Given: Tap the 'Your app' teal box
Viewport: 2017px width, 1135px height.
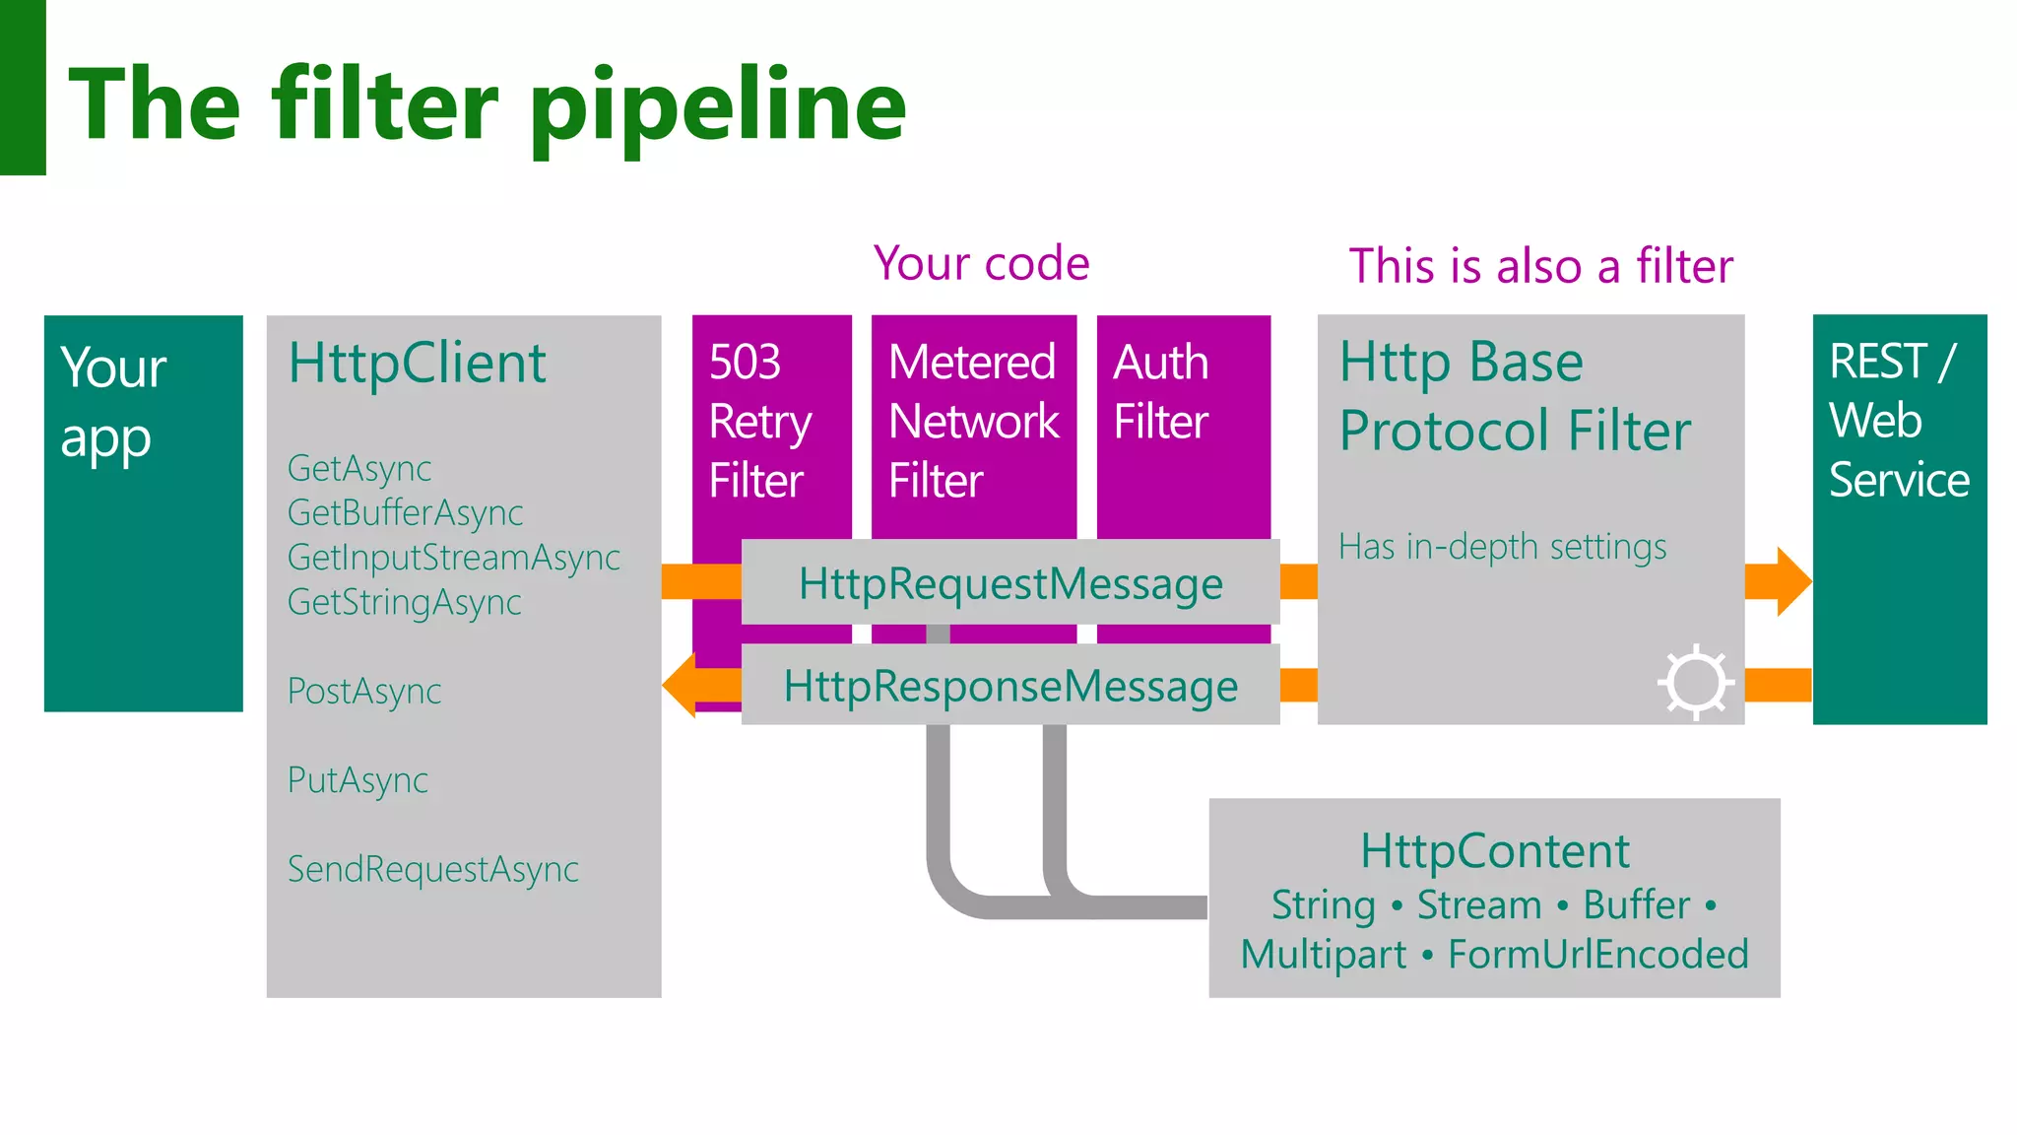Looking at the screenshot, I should [143, 512].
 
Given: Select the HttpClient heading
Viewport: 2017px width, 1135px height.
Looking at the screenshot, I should [417, 363].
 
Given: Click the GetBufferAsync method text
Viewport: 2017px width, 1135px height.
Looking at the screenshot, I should [405, 512].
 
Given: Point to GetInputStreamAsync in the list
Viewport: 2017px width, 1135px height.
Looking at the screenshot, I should [453, 558].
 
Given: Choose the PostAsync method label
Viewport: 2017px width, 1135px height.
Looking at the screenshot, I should [363, 692].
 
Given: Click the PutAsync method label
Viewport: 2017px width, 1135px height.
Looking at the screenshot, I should [358, 780].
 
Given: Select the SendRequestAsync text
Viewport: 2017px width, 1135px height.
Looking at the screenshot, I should [432, 869].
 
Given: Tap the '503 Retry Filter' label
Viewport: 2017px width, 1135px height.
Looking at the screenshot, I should [759, 421].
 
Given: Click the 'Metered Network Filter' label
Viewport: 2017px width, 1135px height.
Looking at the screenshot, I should [973, 421].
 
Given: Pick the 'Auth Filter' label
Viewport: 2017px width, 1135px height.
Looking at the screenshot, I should [1161, 392].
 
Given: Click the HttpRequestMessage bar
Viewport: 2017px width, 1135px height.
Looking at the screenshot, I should [1010, 583].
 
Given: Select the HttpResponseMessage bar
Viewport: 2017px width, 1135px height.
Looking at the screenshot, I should [1010, 686].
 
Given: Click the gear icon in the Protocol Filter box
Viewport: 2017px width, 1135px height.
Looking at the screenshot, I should [1695, 682].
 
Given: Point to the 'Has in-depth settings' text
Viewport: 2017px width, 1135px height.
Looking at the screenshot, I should [1502, 547].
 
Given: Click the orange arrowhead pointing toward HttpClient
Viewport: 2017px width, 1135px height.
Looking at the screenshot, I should [682, 685].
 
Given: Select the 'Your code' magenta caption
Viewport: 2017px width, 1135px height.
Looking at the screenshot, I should [981, 263].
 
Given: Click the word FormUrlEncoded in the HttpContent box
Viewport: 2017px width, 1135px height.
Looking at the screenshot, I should [1597, 955].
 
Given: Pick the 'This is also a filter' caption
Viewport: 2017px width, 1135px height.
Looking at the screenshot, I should [1540, 266].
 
